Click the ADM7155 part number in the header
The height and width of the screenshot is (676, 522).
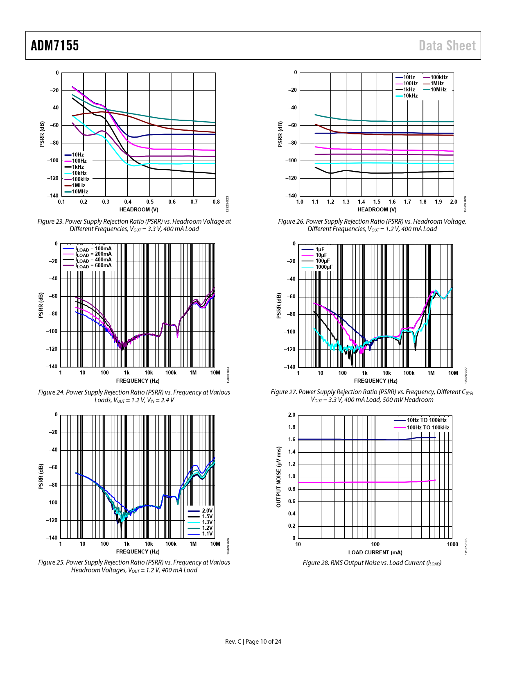coord(55,45)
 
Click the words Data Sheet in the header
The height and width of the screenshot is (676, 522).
coord(447,45)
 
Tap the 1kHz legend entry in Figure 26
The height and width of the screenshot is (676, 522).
coord(409,90)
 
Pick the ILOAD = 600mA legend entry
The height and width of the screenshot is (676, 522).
coord(93,265)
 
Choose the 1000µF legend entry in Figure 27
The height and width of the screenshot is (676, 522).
coord(324,267)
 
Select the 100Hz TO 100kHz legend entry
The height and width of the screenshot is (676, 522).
coord(427,428)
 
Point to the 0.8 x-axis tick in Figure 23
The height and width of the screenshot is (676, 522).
coord(216,202)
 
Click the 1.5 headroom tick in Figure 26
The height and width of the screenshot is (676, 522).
coord(377,202)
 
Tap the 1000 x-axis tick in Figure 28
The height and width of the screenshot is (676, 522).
coord(452,544)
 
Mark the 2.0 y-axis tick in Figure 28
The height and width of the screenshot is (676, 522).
coord(292,415)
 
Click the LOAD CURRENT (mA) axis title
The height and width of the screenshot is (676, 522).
coord(375,552)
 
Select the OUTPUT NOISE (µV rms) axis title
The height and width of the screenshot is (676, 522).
coord(279,477)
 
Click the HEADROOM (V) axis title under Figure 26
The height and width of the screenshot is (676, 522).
coord(377,210)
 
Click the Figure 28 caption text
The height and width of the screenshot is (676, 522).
coord(372,563)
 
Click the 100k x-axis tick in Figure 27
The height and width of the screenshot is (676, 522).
coord(409,373)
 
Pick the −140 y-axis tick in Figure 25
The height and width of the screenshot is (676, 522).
coord(53,538)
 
